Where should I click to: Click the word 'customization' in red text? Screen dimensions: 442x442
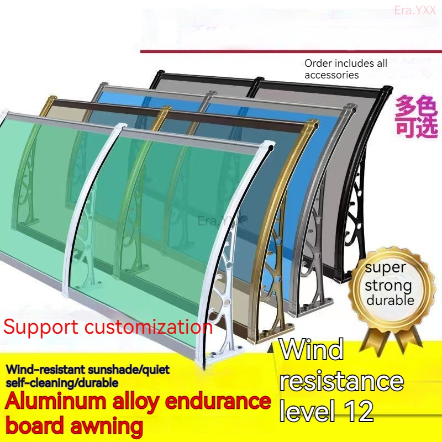coord(149,327)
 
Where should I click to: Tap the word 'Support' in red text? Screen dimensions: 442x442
coord(41,327)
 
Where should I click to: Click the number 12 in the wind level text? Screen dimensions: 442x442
coord(355,410)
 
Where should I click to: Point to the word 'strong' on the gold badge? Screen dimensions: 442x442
coord(388,286)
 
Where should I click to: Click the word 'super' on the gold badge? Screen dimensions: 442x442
coord(388,268)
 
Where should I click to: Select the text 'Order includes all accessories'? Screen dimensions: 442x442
coord(346,69)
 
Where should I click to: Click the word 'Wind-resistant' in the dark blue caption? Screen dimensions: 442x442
coord(45,369)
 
